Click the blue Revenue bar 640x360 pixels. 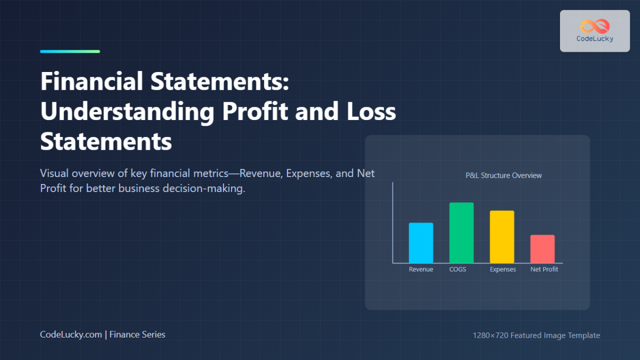point(421,243)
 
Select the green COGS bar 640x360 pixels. point(461,233)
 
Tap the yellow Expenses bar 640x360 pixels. point(502,237)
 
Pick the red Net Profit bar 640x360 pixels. point(542,249)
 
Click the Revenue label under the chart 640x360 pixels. point(421,269)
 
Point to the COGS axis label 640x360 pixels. point(458,269)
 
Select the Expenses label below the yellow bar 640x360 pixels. point(503,269)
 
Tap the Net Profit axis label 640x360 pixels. point(544,269)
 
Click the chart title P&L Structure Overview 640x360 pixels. point(503,175)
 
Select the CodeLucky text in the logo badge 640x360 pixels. point(595,39)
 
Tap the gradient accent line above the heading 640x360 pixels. point(70,52)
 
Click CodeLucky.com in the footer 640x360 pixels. point(71,334)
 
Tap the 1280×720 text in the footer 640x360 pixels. point(491,335)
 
